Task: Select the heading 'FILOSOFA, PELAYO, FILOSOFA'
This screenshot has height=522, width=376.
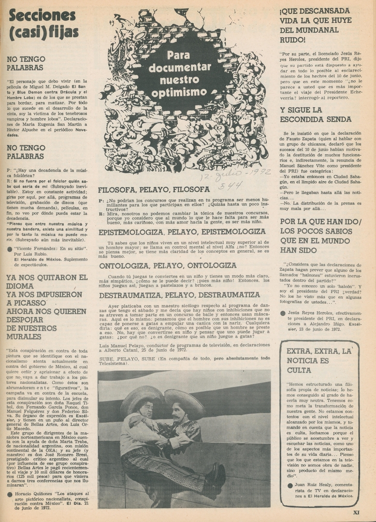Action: click(154, 189)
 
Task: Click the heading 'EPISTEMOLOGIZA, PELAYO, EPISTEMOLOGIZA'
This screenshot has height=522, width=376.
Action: click(182, 232)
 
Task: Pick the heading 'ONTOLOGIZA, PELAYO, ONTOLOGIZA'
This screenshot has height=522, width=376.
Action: click(167, 265)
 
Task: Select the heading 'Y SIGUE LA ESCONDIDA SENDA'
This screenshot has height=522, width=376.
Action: click(315, 115)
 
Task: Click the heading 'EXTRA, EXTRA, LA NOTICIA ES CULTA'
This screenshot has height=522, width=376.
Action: click(318, 360)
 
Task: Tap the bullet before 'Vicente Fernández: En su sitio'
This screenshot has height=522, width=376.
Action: click(10, 248)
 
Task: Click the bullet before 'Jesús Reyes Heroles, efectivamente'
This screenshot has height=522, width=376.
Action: click(283, 313)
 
